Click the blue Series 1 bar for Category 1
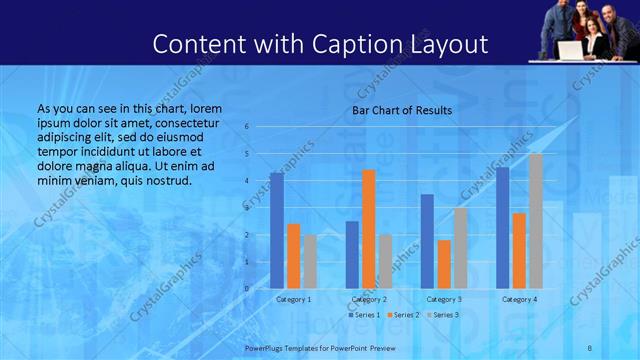tap(277, 231)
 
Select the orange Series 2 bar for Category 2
tap(368, 229)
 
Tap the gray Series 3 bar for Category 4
tap(536, 221)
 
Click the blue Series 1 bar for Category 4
tap(503, 228)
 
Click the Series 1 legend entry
tap(364, 315)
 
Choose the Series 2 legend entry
tap(403, 315)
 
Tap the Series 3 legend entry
tap(442, 315)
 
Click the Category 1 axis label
tap(293, 299)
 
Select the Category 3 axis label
tap(444, 299)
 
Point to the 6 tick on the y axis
tap(246, 127)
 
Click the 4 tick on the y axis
tap(246, 181)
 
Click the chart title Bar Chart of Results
tap(402, 110)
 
